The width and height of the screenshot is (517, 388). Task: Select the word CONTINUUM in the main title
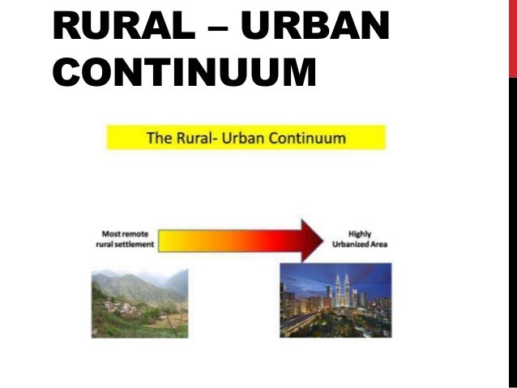(184, 71)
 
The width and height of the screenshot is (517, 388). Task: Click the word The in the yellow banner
(158, 137)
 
